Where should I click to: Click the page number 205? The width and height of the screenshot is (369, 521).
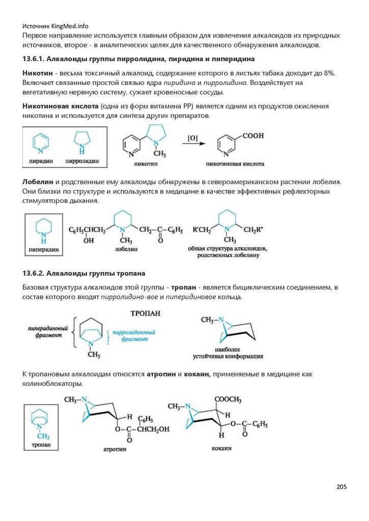pyautogui.click(x=341, y=487)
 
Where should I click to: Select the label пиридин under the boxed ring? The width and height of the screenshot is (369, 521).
pyautogui.click(x=41, y=161)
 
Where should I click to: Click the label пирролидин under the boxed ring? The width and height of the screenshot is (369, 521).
pyautogui.click(x=82, y=161)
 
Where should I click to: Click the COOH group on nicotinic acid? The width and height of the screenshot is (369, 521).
pyautogui.click(x=253, y=136)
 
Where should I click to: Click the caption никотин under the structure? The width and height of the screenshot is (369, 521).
pyautogui.click(x=145, y=165)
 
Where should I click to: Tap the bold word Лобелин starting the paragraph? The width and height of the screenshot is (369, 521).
pyautogui.click(x=38, y=182)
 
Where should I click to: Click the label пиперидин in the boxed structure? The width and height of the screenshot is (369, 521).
pyautogui.click(x=43, y=250)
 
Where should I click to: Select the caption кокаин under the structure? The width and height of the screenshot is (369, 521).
pyautogui.click(x=222, y=449)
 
